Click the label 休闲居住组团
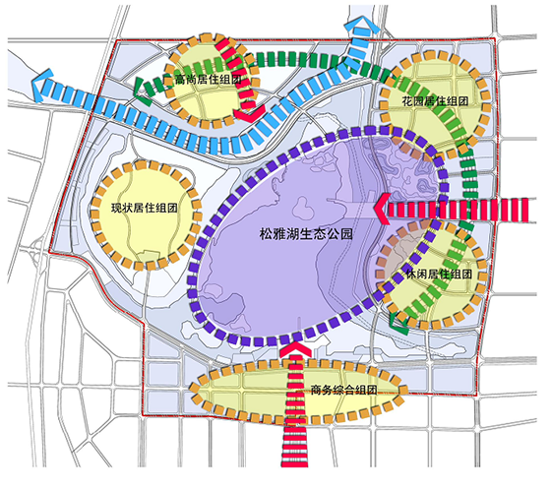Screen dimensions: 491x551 tap(438, 273)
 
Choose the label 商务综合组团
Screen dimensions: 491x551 tap(343, 390)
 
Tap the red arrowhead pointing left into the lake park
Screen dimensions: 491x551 tap(379, 208)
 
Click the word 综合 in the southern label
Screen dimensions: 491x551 tap(343, 390)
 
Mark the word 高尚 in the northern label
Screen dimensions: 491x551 tap(183, 81)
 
